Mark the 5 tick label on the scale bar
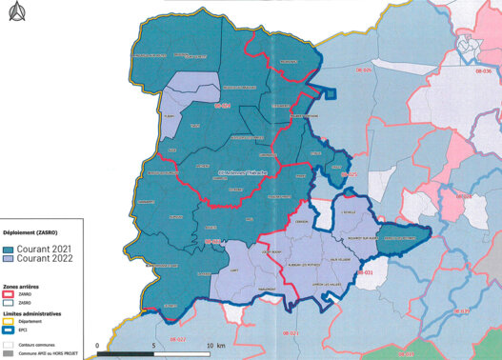tap(154, 345)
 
